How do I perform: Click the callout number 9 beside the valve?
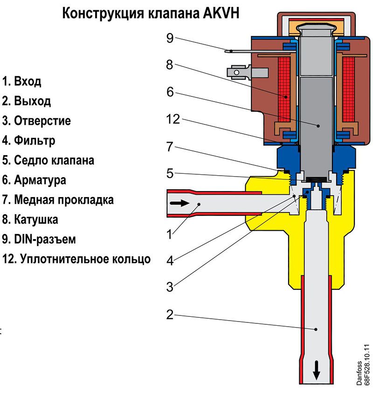point(170,38)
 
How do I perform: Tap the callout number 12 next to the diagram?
point(173,119)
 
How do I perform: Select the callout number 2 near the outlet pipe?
point(170,315)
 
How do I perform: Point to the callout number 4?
point(170,260)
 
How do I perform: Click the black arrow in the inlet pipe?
point(180,203)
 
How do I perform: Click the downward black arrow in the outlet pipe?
point(317,370)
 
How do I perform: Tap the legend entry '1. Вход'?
point(21,81)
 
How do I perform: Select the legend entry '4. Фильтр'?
point(28,140)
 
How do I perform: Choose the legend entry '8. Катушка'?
point(30,219)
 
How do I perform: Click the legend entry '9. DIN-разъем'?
point(39,239)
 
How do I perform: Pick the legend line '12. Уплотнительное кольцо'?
point(76,259)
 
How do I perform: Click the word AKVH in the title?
point(221,13)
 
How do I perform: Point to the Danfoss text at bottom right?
point(359,373)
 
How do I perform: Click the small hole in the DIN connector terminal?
point(236,72)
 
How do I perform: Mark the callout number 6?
point(170,92)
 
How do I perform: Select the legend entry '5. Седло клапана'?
point(48,160)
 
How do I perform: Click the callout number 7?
point(170,147)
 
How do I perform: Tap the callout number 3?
point(170,287)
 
